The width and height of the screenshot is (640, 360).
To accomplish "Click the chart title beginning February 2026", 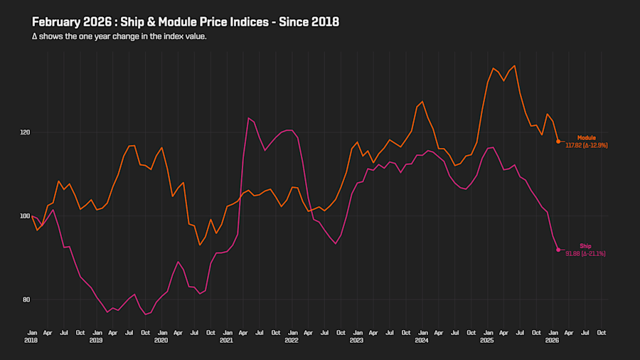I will [x=185, y=22].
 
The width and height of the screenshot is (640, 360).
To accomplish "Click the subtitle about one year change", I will [x=119, y=36].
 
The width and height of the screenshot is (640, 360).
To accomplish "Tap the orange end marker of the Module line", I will [x=558, y=142].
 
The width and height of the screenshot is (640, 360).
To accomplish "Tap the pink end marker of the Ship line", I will [x=558, y=250].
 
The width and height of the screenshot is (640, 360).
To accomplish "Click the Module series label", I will [x=586, y=137].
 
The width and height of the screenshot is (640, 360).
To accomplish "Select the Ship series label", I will [x=585, y=246].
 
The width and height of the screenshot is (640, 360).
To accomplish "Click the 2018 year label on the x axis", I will [x=32, y=341].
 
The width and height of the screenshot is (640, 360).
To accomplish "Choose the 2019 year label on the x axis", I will [x=96, y=341].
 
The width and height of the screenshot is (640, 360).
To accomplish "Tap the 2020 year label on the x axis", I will [x=161, y=341].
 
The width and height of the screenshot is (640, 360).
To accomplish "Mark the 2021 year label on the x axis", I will [x=226, y=341].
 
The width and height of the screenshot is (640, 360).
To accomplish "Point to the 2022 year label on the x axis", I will [x=292, y=341].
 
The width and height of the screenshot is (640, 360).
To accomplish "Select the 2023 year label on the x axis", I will [x=356, y=341].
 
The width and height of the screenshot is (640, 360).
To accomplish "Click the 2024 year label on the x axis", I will [x=422, y=341].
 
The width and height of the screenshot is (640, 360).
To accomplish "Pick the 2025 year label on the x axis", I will [x=487, y=341].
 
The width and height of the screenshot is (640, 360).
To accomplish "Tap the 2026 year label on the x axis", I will [x=552, y=341].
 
